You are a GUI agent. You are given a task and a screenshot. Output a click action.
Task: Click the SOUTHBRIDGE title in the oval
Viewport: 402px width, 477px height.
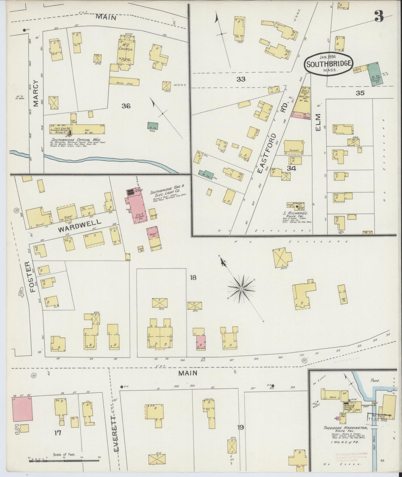[328, 63]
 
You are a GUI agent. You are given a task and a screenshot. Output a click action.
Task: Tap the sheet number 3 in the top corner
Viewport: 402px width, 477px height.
[379, 17]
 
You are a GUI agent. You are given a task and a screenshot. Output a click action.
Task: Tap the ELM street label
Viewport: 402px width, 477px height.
[318, 122]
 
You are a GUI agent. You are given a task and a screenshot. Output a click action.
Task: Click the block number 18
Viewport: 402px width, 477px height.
[193, 277]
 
